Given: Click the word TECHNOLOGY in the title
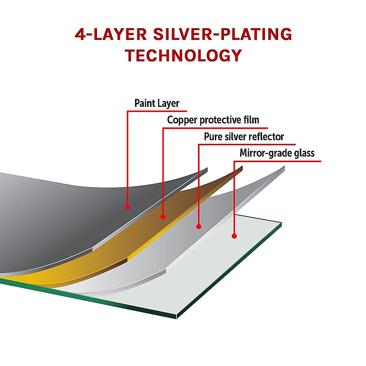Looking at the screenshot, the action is click(183, 55).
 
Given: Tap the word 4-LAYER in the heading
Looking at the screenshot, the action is click(111, 34).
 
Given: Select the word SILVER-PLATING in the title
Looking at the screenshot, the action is click(223, 34).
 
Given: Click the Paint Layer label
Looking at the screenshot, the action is click(157, 104).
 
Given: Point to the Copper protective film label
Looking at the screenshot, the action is click(213, 120).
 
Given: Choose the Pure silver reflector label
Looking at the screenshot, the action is click(244, 137).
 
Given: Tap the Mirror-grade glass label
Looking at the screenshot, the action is click(277, 153).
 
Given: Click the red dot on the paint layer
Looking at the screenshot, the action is click(127, 207).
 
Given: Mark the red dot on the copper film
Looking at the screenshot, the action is click(163, 217).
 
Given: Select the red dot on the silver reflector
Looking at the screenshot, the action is click(199, 227).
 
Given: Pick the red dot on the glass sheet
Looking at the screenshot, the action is click(234, 236).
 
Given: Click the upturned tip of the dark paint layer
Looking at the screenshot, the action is click(207, 168).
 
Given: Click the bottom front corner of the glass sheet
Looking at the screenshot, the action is click(176, 318).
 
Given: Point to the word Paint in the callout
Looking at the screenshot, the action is click(143, 103).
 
